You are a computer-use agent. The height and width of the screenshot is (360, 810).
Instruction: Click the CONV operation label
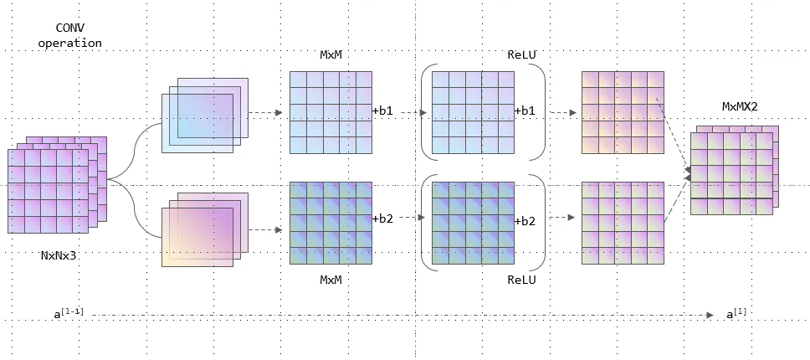tap(69, 34)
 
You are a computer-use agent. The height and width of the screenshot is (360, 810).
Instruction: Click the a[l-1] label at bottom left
tap(69, 314)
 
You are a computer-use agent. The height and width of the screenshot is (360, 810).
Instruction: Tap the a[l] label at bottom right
tap(736, 314)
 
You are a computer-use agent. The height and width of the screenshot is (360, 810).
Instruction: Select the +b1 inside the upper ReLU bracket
tap(525, 111)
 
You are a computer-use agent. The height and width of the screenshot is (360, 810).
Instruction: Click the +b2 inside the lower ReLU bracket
tap(525, 221)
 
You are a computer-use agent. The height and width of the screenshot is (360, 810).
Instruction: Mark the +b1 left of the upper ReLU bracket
tap(383, 111)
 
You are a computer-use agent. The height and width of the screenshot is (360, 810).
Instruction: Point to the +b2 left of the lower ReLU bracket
tap(383, 219)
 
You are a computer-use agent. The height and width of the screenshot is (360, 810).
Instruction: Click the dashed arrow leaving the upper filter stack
tap(266, 112)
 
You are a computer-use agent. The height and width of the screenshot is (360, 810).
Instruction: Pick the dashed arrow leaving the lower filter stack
tap(266, 229)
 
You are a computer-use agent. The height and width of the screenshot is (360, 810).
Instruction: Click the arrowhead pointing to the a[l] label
tap(709, 315)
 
